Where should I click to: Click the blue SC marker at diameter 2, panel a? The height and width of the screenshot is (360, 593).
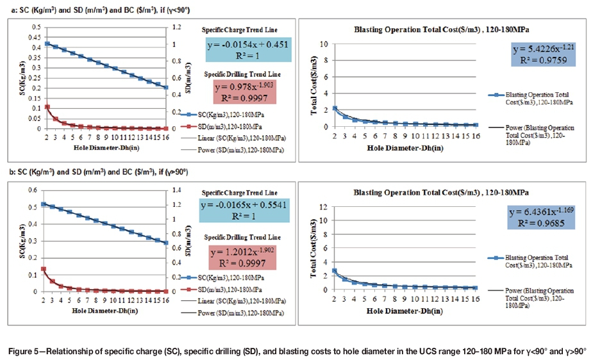[x=47, y=44]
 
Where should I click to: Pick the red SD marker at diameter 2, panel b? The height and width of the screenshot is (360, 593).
[x=44, y=269]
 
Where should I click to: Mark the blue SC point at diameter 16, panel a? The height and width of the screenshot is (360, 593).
[x=165, y=88]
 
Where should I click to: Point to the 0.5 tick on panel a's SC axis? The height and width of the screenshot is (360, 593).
[x=36, y=28]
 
